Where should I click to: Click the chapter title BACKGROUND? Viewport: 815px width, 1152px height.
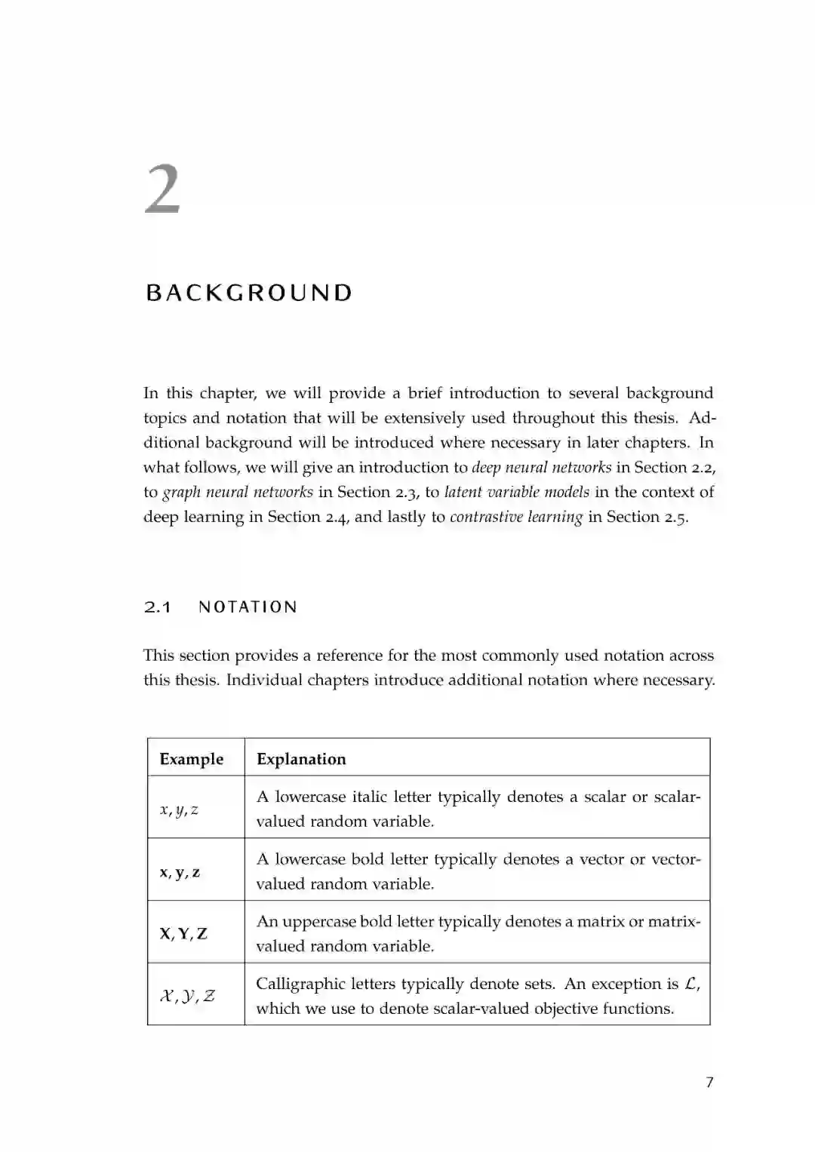pyautogui.click(x=249, y=293)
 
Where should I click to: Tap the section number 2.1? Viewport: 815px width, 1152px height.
pyautogui.click(x=158, y=607)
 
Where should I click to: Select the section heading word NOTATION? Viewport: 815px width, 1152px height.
pyautogui.click(x=248, y=607)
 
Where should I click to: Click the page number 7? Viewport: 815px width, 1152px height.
pyautogui.click(x=709, y=1083)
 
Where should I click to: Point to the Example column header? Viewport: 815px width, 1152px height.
pyautogui.click(x=192, y=759)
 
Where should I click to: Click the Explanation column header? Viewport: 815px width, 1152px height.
pyautogui.click(x=301, y=759)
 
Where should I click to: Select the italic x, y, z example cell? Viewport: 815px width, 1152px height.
pyautogui.click(x=180, y=809)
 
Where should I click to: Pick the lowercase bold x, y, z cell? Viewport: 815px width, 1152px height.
pyautogui.click(x=180, y=872)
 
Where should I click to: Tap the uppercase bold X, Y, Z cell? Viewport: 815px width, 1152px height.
pyautogui.click(x=183, y=934)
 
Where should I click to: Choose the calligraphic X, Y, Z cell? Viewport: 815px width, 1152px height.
pyautogui.click(x=187, y=996)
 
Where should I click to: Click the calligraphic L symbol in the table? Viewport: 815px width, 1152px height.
pyautogui.click(x=691, y=984)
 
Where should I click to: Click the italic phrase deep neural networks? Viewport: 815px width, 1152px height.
pyautogui.click(x=541, y=468)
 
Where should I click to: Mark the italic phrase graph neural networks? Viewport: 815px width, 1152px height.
pyautogui.click(x=238, y=493)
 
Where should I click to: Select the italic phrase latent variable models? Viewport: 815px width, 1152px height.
pyautogui.click(x=517, y=493)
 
